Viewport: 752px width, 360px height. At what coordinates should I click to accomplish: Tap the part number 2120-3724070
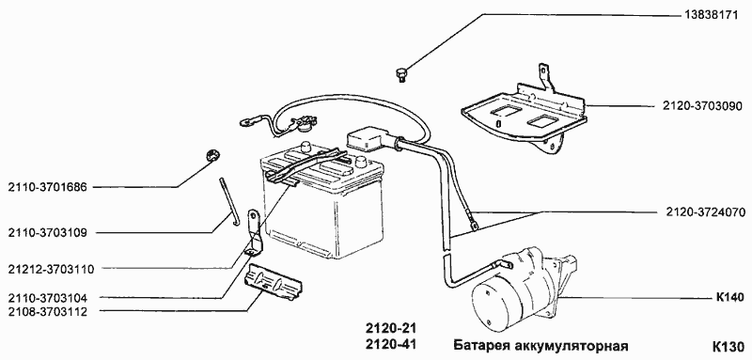tap(700, 211)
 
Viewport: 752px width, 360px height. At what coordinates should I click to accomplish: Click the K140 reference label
tap(728, 298)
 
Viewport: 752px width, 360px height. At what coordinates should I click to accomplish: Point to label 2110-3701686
tap(46, 187)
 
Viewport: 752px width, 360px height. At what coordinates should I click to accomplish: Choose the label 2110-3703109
tap(46, 231)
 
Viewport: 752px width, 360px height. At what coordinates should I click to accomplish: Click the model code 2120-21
tap(389, 329)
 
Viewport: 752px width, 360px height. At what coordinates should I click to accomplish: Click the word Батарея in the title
tap(480, 345)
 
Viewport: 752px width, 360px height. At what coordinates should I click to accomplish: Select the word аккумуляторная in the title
tap(574, 345)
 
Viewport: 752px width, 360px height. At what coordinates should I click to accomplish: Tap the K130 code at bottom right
tap(728, 345)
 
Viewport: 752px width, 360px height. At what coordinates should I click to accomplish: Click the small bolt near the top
tap(402, 71)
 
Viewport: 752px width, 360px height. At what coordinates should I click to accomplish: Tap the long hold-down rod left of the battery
tap(227, 201)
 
